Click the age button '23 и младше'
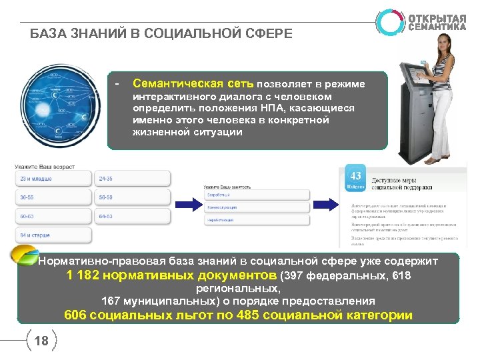(52, 179)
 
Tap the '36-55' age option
(52, 197)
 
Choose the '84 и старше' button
(52, 235)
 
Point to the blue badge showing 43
(355, 179)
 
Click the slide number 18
(41, 341)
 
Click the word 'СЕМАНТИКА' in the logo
(437, 27)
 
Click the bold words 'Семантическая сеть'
(193, 84)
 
